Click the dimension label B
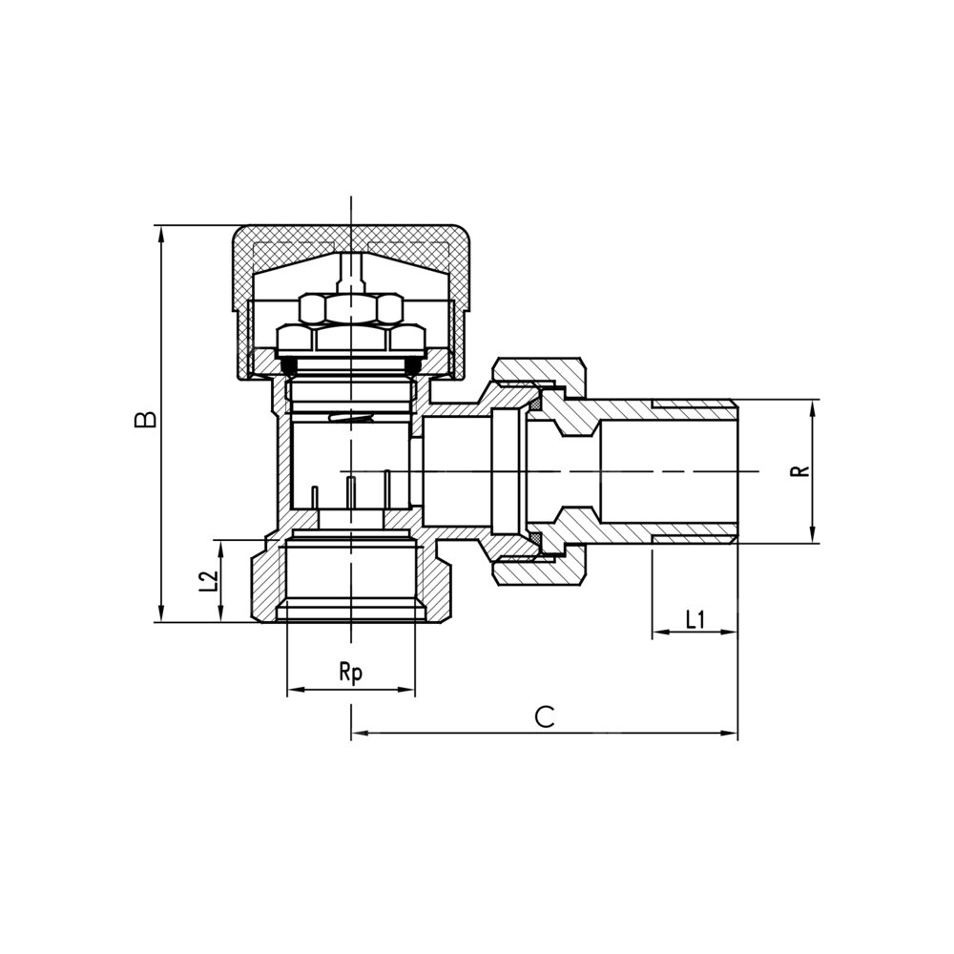(x=146, y=419)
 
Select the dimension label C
(x=545, y=716)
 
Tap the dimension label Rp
(x=351, y=673)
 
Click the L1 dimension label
(x=695, y=620)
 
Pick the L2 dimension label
(x=209, y=581)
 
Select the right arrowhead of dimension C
(x=729, y=733)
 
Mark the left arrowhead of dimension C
(x=360, y=733)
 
